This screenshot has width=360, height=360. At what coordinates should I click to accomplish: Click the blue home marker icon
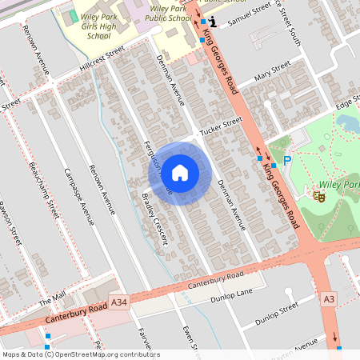click(180, 172)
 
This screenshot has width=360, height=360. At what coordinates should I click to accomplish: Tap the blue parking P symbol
click(287, 161)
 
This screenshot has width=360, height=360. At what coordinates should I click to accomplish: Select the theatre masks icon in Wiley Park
click(319, 194)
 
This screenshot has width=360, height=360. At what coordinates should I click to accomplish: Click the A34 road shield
click(119, 302)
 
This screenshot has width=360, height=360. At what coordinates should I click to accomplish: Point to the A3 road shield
click(329, 298)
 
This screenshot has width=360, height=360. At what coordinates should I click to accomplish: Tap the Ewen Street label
click(190, 339)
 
